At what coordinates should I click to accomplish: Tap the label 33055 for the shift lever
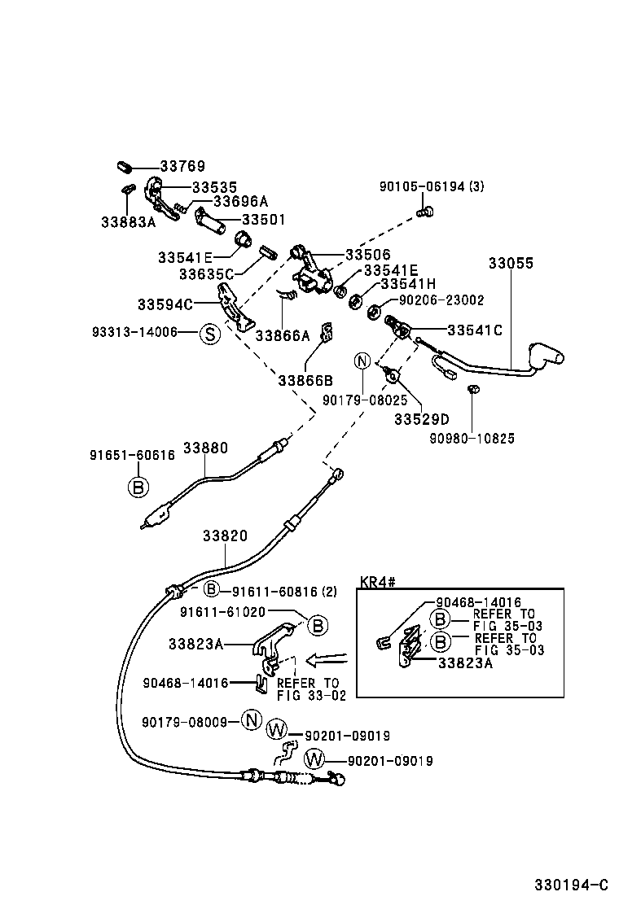[x=511, y=263]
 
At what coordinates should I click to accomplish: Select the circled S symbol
[x=209, y=333]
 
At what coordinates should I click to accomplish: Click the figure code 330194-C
[x=571, y=885]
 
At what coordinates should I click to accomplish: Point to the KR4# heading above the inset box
[x=377, y=582]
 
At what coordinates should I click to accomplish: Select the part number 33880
[x=205, y=448]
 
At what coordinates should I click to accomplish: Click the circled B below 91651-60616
[x=138, y=487]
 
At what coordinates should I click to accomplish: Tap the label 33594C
[x=165, y=304]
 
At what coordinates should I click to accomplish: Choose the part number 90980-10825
[x=472, y=438]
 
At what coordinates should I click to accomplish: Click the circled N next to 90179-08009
[x=252, y=720]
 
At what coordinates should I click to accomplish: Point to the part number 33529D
[x=421, y=419]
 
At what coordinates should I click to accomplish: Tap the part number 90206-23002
[x=441, y=300]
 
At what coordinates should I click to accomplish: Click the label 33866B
[x=305, y=379]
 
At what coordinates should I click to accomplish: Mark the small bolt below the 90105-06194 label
[x=424, y=212]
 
